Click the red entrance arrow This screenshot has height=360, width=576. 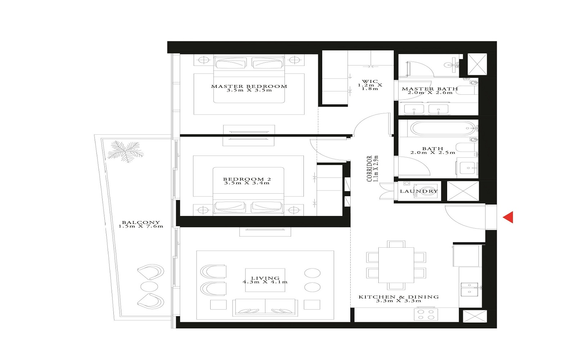pos(508,217)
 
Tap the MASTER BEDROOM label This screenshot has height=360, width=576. pos(249,86)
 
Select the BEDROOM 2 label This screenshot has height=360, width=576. pos(247,179)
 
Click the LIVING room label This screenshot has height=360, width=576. pos(265,278)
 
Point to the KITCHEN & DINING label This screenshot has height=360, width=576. pos(399,297)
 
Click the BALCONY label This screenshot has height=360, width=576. pos(141,222)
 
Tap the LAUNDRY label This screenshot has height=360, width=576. pos(419,191)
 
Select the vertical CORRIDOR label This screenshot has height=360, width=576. pos(369,168)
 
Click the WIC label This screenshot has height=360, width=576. pos(370,81)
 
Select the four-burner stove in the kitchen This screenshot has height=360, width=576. pos(426,314)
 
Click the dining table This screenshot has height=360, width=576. pos(396,265)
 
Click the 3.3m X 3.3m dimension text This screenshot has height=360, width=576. pos(399,301)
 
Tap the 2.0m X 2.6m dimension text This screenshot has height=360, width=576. pos(430,93)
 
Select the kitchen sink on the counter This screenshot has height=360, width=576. pos(469,289)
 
